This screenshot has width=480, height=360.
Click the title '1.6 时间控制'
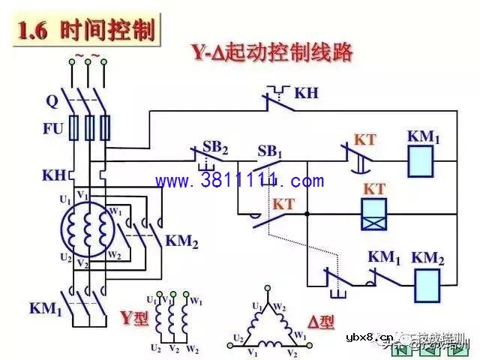[x=86, y=31]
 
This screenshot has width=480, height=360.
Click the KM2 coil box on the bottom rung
[x=429, y=284]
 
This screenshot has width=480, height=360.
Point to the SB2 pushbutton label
[x=215, y=146]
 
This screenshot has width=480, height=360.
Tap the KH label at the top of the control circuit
[x=306, y=93]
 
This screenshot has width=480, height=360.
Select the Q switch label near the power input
[x=52, y=99]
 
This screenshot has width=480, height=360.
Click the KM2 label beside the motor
[x=181, y=241]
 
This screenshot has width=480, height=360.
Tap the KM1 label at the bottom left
[x=45, y=308]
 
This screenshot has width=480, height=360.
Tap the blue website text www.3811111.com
[x=240, y=181]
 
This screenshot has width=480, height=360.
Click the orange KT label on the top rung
[x=364, y=140]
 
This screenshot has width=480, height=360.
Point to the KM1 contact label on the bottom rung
[x=384, y=256]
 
